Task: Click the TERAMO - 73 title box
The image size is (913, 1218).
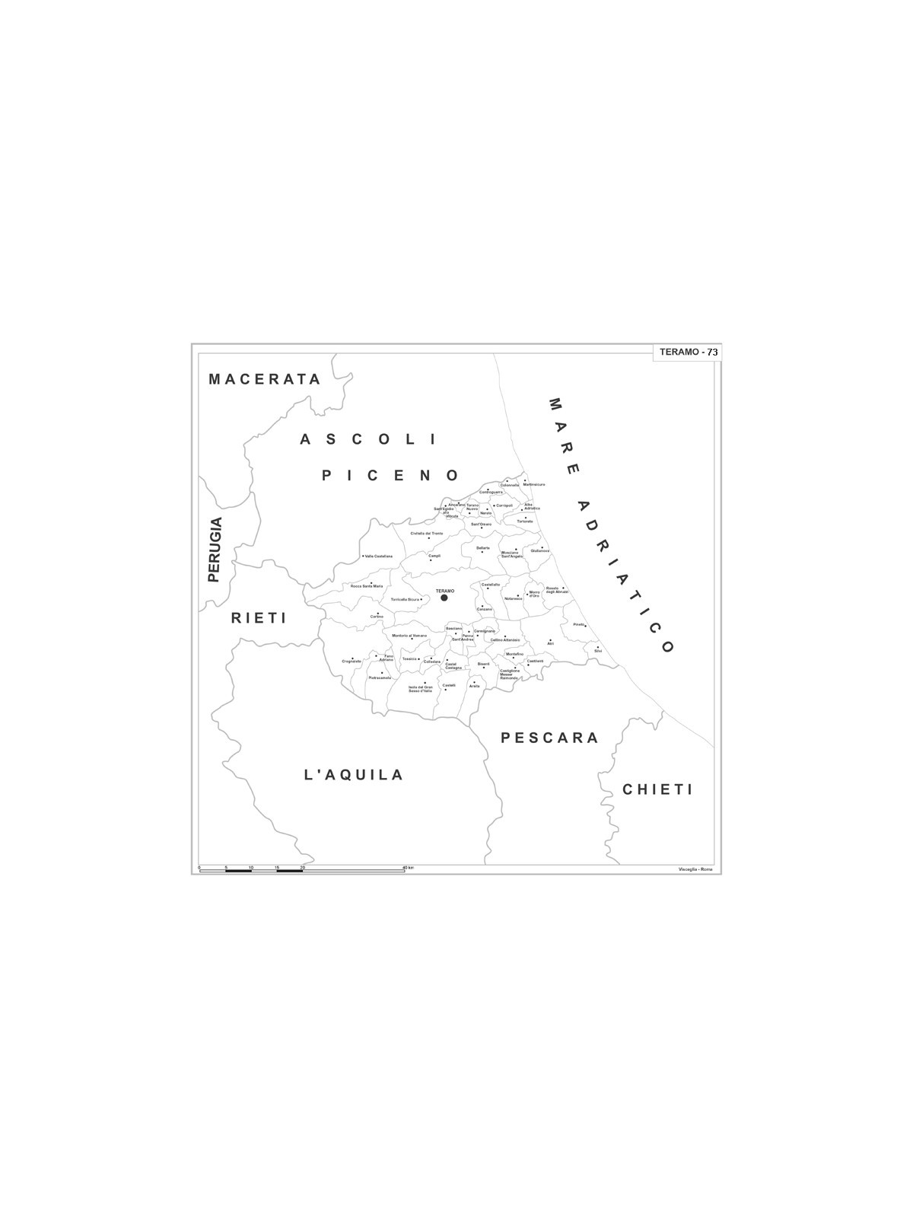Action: point(687,352)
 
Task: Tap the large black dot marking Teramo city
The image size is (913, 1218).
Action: point(444,598)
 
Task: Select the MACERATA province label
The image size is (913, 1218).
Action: point(265,379)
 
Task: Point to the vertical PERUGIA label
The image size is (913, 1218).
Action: point(215,550)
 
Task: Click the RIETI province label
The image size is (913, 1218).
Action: point(259,617)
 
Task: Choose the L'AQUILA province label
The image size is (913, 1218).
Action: point(354,775)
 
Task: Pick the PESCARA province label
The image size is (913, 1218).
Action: point(550,738)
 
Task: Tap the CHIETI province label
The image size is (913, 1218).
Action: point(658,789)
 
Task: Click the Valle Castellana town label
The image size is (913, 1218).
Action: point(379,556)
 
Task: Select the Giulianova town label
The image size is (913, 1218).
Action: point(540,551)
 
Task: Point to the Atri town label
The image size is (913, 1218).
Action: point(550,644)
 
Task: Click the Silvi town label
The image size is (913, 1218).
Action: point(598,651)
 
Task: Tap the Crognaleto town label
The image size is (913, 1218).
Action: point(352,661)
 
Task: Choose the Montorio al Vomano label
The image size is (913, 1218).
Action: point(409,636)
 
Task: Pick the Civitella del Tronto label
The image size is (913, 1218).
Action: point(427,534)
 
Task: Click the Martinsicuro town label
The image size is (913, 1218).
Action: point(534,485)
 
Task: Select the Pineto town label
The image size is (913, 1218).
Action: point(579,624)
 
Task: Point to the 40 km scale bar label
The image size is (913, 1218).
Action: point(409,868)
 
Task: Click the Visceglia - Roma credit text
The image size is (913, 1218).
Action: point(695,869)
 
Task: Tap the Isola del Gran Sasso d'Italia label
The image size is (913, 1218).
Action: point(420,689)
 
